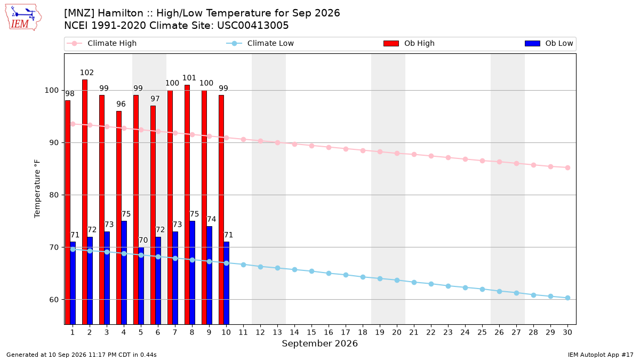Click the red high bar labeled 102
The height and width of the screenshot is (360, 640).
(x=85, y=202)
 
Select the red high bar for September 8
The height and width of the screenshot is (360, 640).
(x=187, y=205)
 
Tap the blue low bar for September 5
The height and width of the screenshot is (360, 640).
(x=141, y=286)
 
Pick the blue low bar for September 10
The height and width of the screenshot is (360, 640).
(x=227, y=283)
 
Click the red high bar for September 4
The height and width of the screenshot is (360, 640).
(x=119, y=218)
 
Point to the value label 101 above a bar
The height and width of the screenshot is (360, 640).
(x=189, y=78)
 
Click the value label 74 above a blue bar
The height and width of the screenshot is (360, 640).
(x=211, y=219)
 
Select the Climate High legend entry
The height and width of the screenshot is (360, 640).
(x=102, y=43)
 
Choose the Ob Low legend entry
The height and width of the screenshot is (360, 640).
(x=549, y=43)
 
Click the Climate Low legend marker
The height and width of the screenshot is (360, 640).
(x=234, y=43)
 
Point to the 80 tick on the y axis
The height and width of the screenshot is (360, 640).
(x=54, y=195)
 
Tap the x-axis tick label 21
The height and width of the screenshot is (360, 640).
(x=414, y=332)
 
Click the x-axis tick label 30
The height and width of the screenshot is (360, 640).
(x=567, y=332)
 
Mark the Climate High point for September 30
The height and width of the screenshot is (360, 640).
(x=567, y=167)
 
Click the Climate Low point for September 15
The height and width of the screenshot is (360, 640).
(x=311, y=271)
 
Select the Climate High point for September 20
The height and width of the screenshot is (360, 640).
(x=397, y=154)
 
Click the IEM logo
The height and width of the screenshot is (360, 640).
(x=23, y=18)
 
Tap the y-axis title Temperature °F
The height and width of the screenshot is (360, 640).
(x=37, y=189)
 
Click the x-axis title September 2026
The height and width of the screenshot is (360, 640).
(x=319, y=343)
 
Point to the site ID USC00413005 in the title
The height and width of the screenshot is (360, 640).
(x=253, y=26)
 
